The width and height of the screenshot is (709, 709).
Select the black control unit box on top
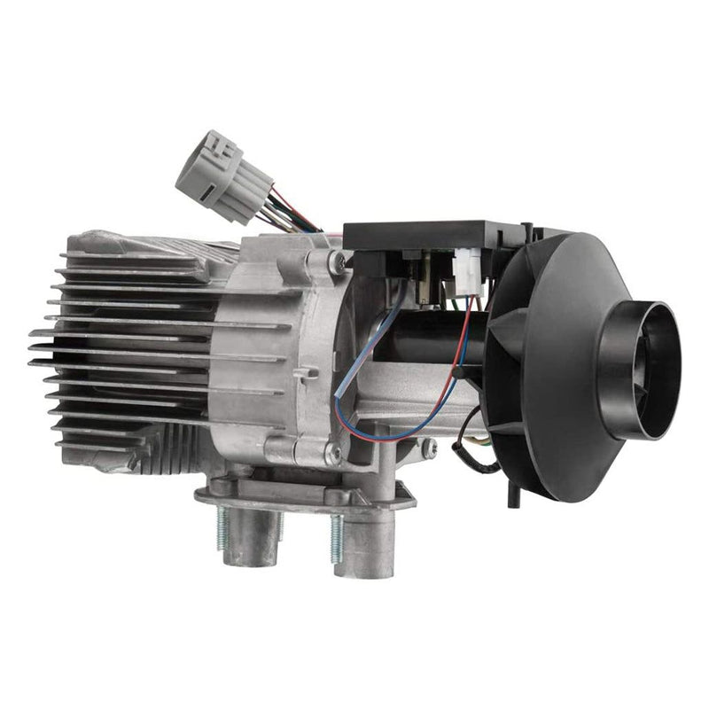417,234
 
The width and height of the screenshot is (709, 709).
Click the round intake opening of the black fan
640,369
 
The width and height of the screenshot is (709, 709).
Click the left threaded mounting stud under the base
222,526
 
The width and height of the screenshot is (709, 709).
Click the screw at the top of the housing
336,261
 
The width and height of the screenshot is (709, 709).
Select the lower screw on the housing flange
331,455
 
